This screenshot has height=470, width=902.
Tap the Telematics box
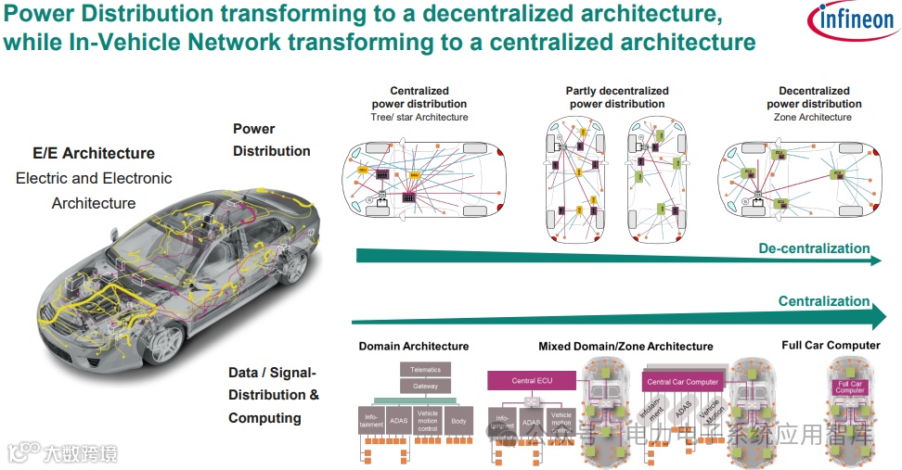[x=425, y=369]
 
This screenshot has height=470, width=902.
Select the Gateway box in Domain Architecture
[x=425, y=386]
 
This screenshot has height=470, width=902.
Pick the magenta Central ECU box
[x=532, y=380]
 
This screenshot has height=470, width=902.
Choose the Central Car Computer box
[x=682, y=381]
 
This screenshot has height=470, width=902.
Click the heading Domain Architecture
[x=414, y=346]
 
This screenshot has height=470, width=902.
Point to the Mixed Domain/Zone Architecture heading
[x=625, y=346]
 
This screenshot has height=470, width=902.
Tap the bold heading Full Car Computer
[x=831, y=345]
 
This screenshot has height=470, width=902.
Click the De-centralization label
[x=814, y=248]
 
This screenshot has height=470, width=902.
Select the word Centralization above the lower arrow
[x=824, y=301]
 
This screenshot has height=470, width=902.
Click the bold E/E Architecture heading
[x=94, y=153]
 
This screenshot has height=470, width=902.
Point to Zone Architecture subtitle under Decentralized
[x=813, y=118]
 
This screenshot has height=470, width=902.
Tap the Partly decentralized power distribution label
[x=617, y=97]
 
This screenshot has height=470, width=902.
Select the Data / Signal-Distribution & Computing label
[x=274, y=395]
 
